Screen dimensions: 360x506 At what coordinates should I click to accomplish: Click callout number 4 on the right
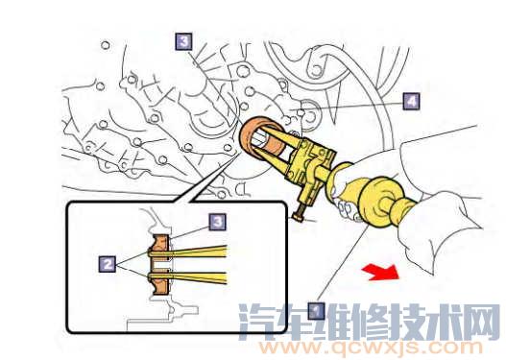411,100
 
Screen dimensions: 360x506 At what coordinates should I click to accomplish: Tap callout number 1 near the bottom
315,310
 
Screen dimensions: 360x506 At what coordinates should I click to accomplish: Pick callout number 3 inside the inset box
218,222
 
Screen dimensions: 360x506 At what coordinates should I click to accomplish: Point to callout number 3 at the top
182,41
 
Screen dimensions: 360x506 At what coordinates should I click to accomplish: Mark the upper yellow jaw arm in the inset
202,251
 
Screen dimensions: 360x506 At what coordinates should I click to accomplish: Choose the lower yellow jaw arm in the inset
202,277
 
